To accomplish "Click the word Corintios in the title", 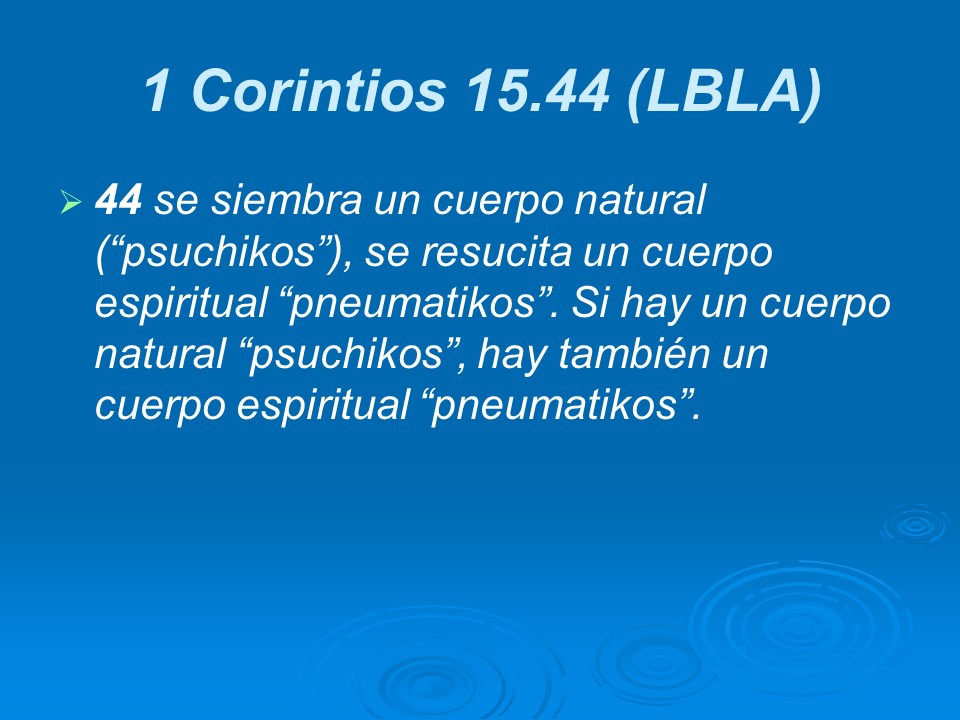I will point(317,92).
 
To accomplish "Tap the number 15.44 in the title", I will point(537,92).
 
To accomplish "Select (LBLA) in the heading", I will point(723,92).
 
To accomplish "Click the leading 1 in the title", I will point(157,92).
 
